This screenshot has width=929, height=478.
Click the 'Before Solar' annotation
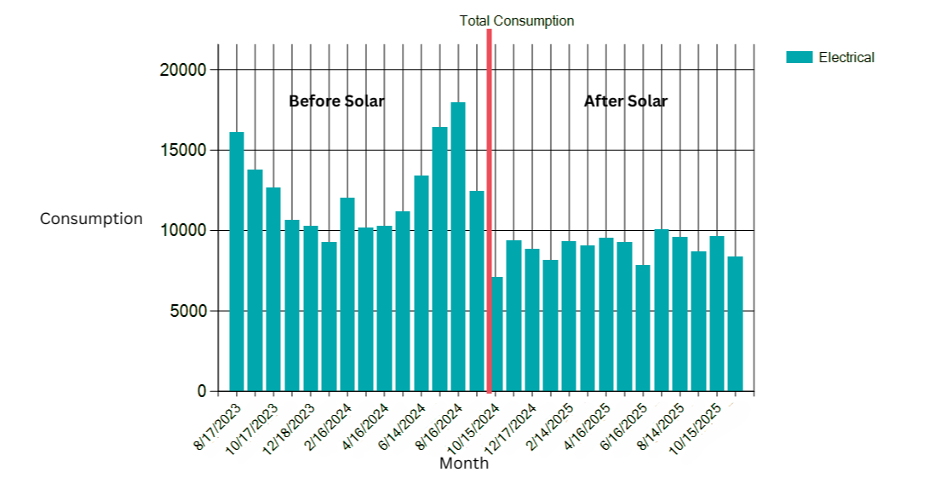(x=336, y=101)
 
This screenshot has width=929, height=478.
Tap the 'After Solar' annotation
(x=625, y=101)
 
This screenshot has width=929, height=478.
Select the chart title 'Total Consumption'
(x=517, y=20)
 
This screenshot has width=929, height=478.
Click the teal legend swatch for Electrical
(x=799, y=57)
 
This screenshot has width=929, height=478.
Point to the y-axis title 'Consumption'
(x=91, y=219)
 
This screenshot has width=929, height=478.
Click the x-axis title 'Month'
(x=464, y=464)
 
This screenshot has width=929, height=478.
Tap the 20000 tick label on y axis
(x=183, y=70)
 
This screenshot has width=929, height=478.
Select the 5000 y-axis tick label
(x=189, y=311)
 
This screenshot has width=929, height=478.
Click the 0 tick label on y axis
(x=202, y=392)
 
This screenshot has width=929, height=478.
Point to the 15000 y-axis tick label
(x=183, y=150)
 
